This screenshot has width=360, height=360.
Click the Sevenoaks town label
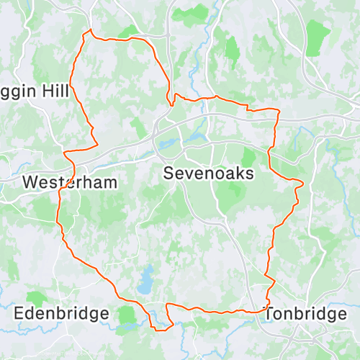tap(209, 174)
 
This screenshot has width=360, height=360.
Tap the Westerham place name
tap(69, 182)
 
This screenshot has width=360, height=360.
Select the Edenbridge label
tap(62, 314)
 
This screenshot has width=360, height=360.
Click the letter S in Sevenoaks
tap(168, 174)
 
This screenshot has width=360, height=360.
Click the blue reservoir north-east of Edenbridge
tap(146, 279)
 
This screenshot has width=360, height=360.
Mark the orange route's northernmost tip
tap(90, 30)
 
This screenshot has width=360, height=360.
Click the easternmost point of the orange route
tap(303, 184)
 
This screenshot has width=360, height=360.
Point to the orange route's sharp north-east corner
tap(278, 110)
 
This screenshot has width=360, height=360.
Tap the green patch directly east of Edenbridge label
tap(129, 315)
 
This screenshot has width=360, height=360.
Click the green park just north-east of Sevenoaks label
tap(248, 157)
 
